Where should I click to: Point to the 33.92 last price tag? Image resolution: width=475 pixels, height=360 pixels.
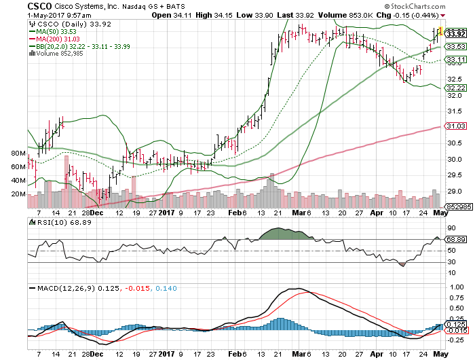tap(456, 33)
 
